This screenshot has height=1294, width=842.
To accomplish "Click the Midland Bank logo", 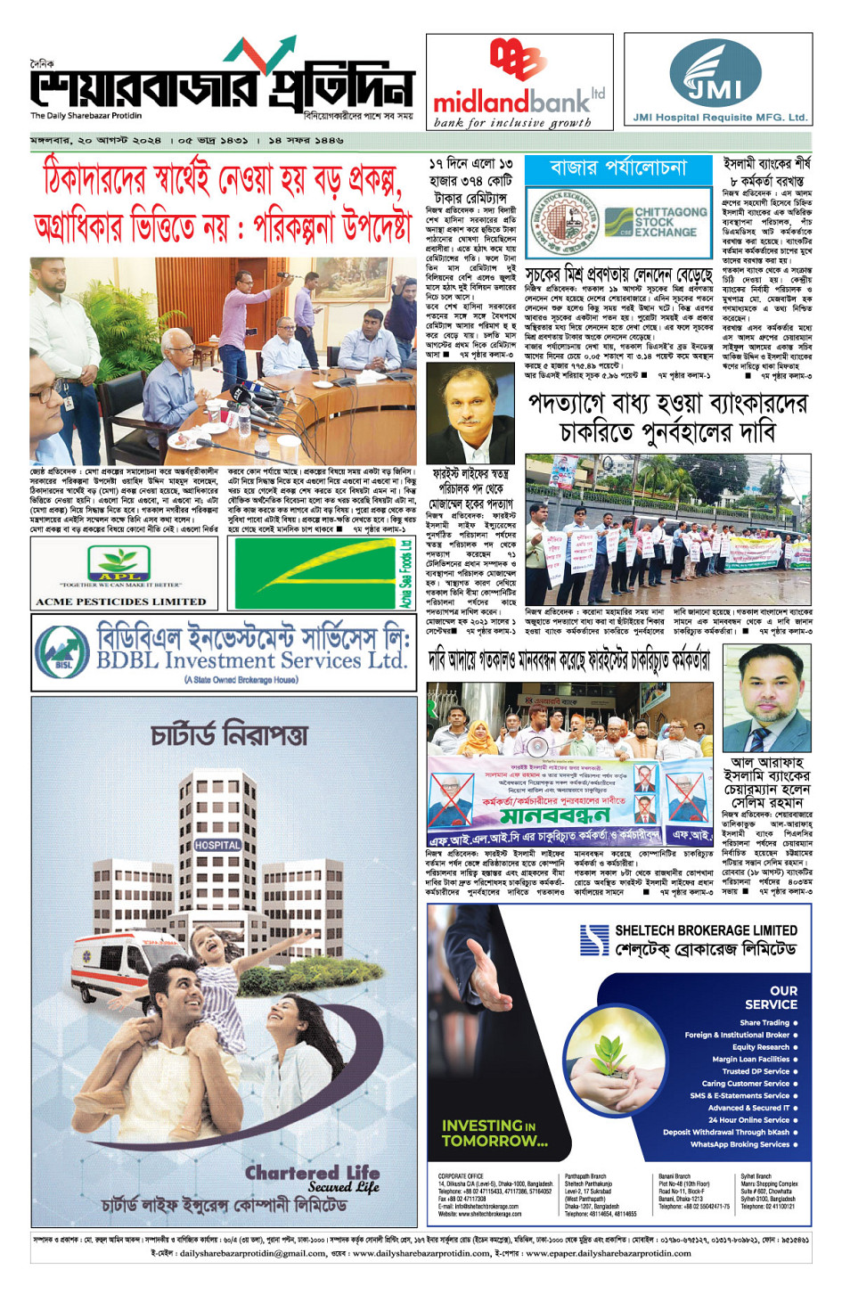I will click(x=519, y=85).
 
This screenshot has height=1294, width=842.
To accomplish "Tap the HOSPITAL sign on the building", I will click(x=217, y=844).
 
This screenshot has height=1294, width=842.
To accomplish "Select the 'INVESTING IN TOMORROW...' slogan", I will click(x=495, y=1133).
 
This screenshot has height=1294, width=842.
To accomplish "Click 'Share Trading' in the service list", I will click(x=764, y=1023).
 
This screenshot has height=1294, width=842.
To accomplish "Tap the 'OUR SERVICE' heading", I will click(x=771, y=997).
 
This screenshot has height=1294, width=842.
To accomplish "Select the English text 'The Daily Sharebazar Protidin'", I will click(x=86, y=116).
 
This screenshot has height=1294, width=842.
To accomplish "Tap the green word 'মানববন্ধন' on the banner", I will click(x=554, y=816).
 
